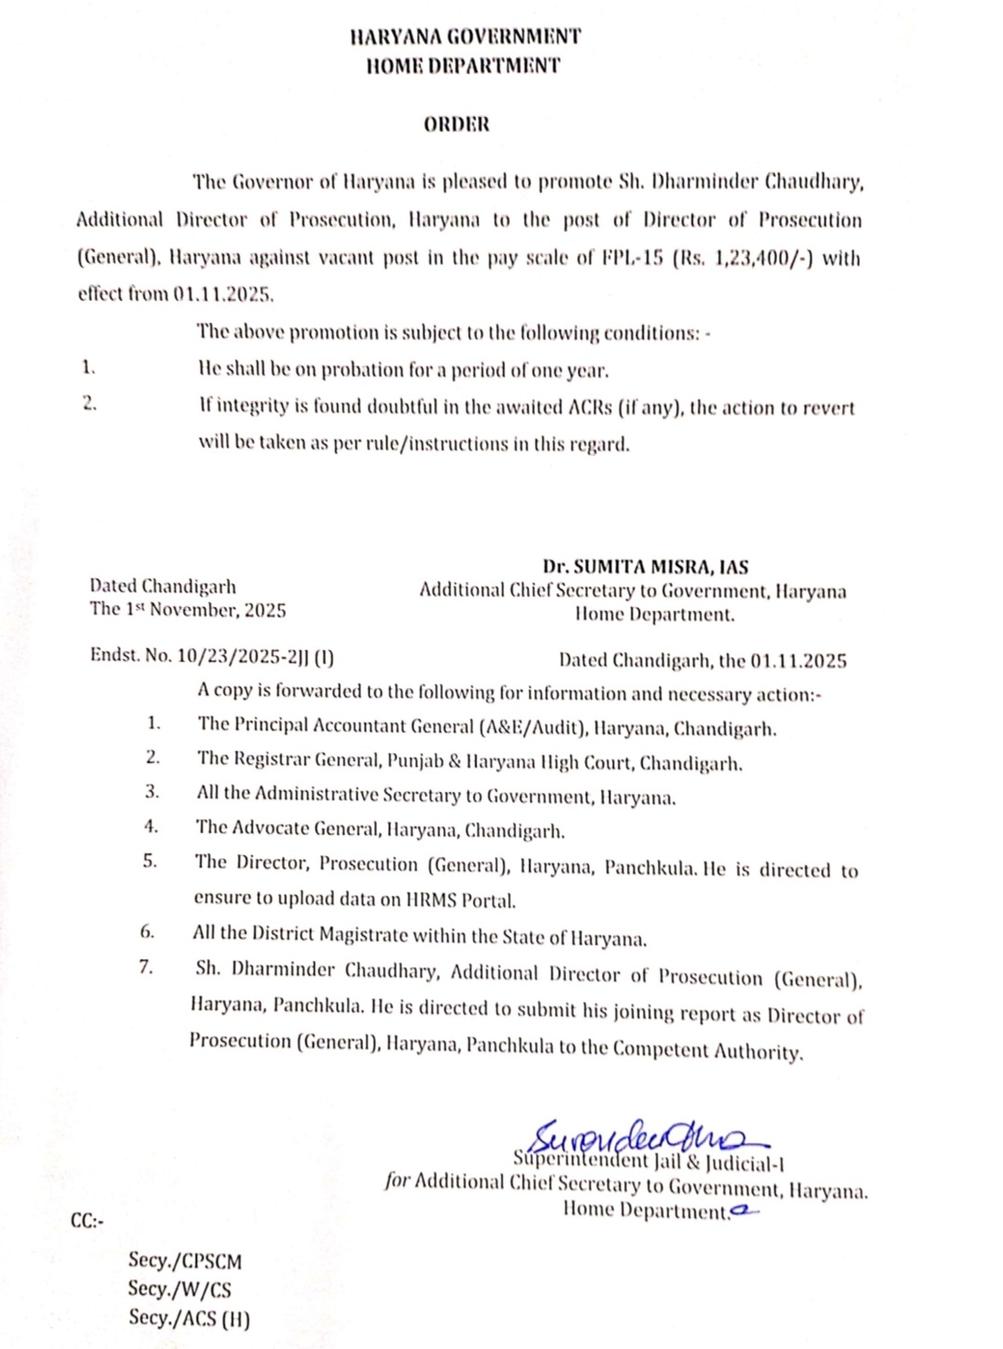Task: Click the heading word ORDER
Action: (456, 124)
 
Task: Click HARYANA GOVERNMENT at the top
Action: (465, 37)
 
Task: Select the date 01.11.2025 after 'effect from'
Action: (223, 295)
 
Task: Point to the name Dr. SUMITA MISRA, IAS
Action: (645, 567)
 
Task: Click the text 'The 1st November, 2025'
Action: (188, 610)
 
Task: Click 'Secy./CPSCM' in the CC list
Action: (185, 1261)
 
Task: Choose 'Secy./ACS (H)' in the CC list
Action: (189, 1317)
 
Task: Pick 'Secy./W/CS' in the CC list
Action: (179, 1289)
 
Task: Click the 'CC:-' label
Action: (87, 1220)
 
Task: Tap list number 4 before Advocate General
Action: (150, 826)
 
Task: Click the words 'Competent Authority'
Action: (708, 1050)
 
